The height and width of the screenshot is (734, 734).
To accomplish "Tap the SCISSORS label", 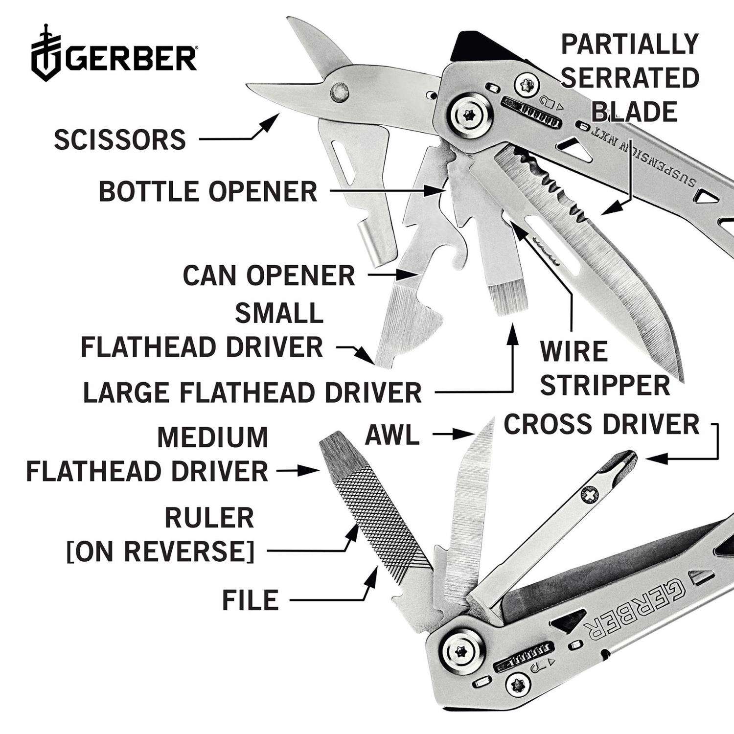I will pyautogui.click(x=120, y=139).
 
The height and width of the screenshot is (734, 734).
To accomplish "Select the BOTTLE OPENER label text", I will pyautogui.click(x=208, y=191).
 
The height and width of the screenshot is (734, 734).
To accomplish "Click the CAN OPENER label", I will pyautogui.click(x=269, y=275).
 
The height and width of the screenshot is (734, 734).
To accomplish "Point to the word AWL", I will pyautogui.click(x=393, y=435).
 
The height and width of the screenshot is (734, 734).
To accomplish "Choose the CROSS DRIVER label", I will pyautogui.click(x=601, y=424).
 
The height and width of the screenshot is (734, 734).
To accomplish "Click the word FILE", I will pyautogui.click(x=251, y=600).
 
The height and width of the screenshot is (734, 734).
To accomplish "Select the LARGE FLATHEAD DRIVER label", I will pyautogui.click(x=252, y=392).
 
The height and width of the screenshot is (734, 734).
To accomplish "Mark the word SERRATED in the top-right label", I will pyautogui.click(x=630, y=78).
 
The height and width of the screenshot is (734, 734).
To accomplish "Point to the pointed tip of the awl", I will pyautogui.click(x=491, y=419).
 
